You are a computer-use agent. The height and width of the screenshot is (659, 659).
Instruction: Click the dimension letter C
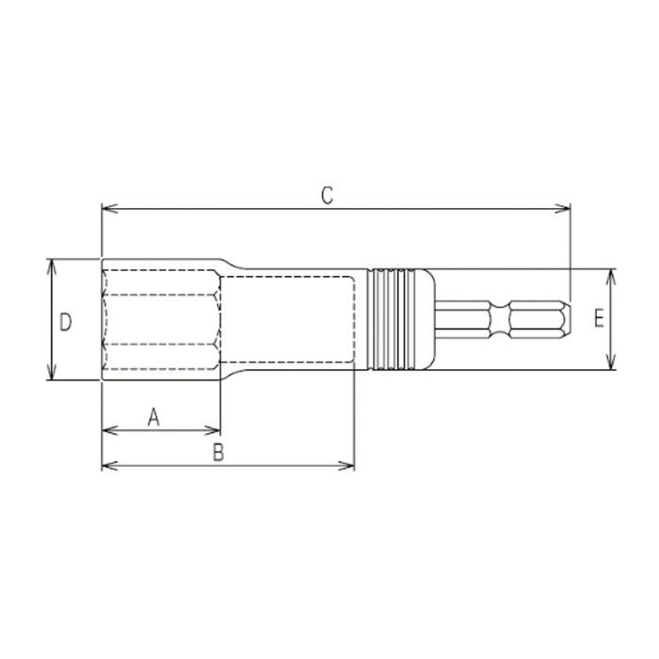coord(326,196)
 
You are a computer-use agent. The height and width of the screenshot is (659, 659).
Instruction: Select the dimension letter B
coord(217,453)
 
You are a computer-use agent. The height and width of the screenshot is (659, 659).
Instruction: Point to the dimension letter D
coord(65,322)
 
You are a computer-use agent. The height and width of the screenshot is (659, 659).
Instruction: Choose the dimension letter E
coord(599,319)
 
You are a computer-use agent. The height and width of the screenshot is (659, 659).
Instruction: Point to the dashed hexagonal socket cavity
coord(162,319)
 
